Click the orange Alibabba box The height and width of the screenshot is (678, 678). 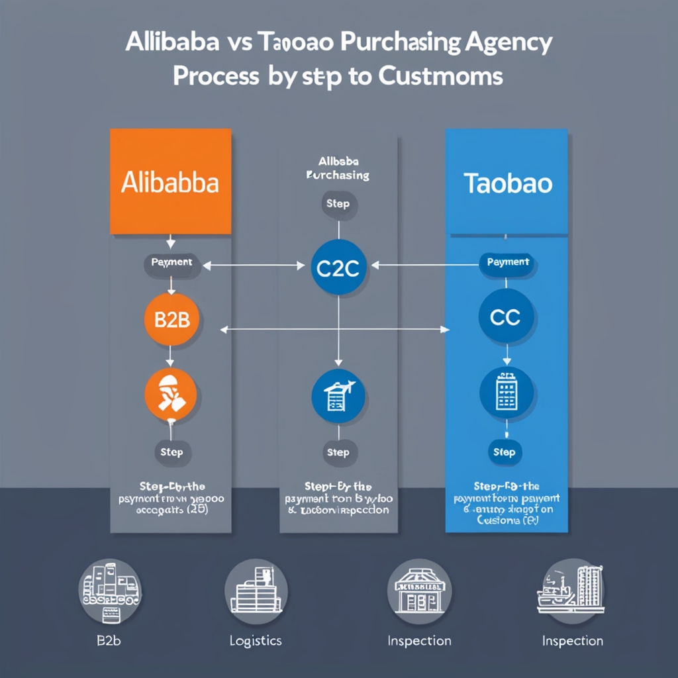(170, 181)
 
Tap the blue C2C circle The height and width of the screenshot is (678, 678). (338, 266)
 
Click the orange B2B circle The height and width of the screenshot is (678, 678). (171, 319)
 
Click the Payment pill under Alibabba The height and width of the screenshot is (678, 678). (171, 263)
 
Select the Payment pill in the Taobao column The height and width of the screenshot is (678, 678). (508, 263)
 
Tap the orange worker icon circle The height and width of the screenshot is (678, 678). (171, 395)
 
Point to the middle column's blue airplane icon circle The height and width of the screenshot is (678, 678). (338, 395)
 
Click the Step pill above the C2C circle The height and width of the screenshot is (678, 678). (338, 204)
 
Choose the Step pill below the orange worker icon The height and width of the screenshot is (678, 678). (171, 453)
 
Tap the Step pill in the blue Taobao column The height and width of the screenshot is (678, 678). (505, 453)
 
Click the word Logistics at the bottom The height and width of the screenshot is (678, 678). (256, 641)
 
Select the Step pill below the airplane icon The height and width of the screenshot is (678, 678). (338, 453)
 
